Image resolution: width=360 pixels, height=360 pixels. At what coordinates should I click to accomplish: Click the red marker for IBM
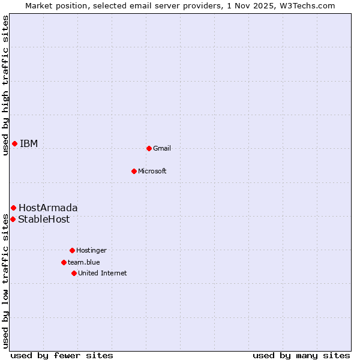tap(14, 143)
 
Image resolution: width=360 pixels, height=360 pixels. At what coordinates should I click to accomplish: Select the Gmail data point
tap(149, 148)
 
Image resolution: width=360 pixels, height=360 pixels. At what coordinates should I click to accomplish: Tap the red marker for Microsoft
tap(134, 171)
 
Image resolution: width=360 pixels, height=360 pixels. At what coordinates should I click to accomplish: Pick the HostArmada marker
tap(13, 208)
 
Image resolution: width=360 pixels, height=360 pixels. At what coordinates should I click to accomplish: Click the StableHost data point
tap(13, 219)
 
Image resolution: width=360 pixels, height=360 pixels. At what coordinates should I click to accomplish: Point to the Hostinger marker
tap(72, 250)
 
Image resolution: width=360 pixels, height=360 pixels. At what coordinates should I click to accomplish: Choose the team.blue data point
tap(64, 262)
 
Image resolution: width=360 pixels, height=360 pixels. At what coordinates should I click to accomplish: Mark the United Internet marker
tap(74, 273)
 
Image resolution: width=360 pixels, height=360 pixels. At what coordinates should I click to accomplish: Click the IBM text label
tap(29, 143)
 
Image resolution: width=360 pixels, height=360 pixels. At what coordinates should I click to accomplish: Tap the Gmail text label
tap(162, 148)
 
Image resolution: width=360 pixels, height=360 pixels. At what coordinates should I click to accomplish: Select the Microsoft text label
tap(152, 171)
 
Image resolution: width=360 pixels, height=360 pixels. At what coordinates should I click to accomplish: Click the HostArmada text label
tap(48, 208)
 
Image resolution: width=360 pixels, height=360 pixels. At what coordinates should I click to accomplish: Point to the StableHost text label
tap(44, 219)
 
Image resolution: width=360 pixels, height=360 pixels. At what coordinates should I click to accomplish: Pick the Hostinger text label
tap(91, 250)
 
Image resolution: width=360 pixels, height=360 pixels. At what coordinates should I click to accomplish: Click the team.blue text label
tap(84, 262)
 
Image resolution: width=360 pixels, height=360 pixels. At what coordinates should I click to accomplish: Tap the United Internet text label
tap(103, 273)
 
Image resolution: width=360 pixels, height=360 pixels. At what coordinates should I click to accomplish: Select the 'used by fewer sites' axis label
tap(62, 355)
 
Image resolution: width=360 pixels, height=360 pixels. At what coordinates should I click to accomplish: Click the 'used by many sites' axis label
tap(301, 355)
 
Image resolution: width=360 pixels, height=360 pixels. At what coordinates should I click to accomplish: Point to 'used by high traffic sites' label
tap(5, 85)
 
